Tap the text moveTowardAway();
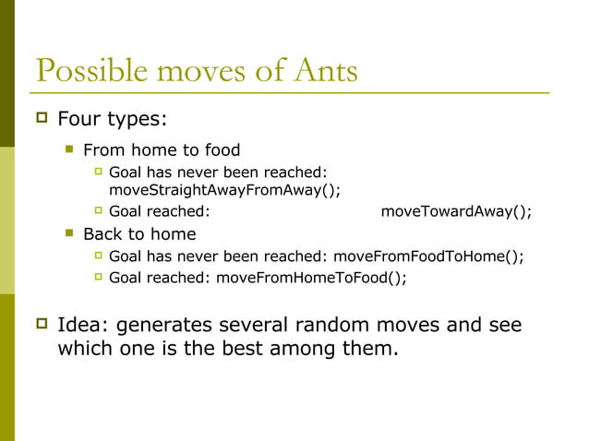456,211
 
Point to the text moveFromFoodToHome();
428,256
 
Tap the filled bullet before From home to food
68,149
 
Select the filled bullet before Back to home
68,233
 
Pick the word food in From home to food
221,149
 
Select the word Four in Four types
78,119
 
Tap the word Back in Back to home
102,233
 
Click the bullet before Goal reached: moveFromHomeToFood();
99,278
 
